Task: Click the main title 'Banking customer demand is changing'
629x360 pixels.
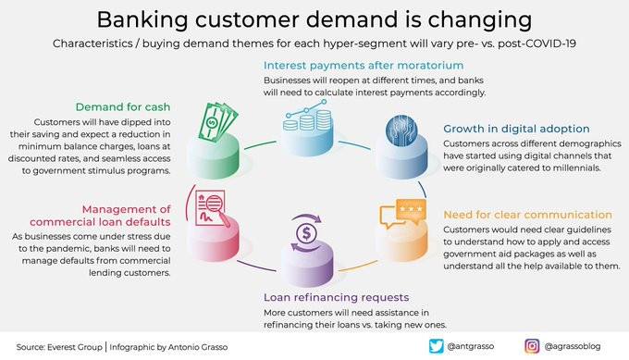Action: [x=314, y=19]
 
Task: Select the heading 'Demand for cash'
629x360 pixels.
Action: [x=123, y=107]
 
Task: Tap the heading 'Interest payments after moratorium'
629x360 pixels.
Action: [x=364, y=66]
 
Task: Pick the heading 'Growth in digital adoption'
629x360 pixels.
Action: [x=516, y=129]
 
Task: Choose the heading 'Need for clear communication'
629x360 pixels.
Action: [x=527, y=215]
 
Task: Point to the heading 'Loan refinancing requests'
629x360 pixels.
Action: [x=336, y=297]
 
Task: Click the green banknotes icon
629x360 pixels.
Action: [x=217, y=121]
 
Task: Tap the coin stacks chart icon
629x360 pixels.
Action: [x=307, y=115]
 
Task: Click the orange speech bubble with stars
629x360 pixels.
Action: [x=402, y=214]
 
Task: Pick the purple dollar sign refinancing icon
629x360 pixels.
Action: [x=306, y=233]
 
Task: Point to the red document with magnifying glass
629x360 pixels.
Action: [x=212, y=209]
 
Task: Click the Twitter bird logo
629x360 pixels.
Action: [x=436, y=346]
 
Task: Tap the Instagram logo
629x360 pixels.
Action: [x=532, y=346]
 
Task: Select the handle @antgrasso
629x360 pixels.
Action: [x=471, y=346]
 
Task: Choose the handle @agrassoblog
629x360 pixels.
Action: [x=573, y=346]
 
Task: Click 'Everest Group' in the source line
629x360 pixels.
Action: [x=75, y=347]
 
